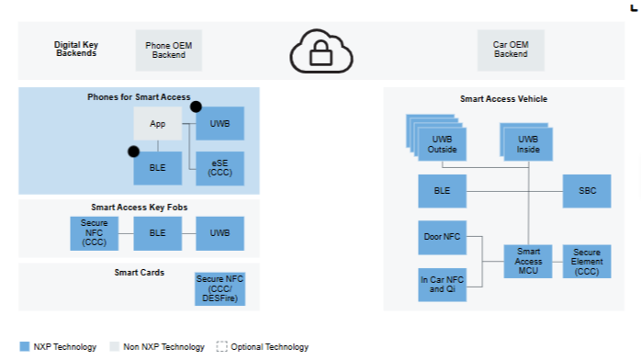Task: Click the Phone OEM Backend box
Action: (168, 51)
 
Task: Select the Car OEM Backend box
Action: (511, 50)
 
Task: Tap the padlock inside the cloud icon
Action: (320, 53)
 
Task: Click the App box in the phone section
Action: (158, 123)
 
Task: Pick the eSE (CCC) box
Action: (219, 168)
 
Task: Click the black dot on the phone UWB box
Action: (196, 107)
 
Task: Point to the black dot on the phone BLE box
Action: (134, 152)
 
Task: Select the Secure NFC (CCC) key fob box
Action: (95, 233)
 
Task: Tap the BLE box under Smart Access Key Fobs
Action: (158, 233)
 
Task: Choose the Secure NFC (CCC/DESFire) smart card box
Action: (219, 289)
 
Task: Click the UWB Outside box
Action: (442, 144)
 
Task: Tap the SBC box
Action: (587, 191)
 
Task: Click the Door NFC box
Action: (442, 238)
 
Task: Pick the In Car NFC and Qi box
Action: (442, 285)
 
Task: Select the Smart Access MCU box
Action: (528, 262)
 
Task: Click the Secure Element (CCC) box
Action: (587, 262)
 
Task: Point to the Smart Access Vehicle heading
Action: (503, 99)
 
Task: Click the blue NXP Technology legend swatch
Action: (25, 346)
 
